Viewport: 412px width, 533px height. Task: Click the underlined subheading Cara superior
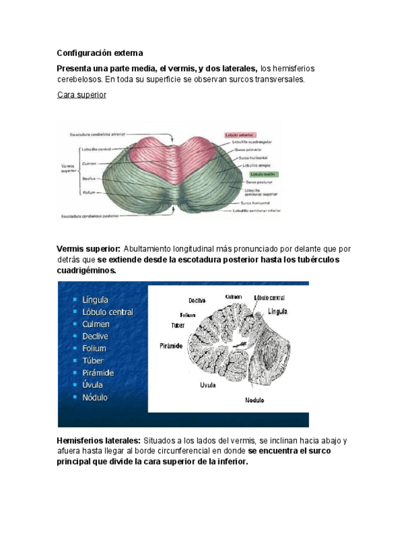pyautogui.click(x=82, y=95)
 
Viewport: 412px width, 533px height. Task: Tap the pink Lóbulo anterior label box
pyautogui.click(x=238, y=135)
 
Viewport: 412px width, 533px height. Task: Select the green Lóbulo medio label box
pyautogui.click(x=264, y=173)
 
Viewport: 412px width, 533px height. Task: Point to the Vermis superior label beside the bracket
pyautogui.click(x=68, y=168)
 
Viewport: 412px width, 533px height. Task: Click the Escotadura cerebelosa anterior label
pyautogui.click(x=97, y=134)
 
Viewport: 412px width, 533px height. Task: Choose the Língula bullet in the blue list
pyautogui.click(x=95, y=300)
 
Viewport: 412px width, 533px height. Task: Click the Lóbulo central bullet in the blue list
pyautogui.click(x=107, y=312)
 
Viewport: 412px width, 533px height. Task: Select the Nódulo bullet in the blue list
pyautogui.click(x=94, y=397)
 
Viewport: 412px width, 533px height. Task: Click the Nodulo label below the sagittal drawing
pyautogui.click(x=254, y=400)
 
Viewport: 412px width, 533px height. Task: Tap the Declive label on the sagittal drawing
pyautogui.click(x=198, y=300)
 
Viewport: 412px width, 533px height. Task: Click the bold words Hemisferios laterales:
pyautogui.click(x=98, y=441)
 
